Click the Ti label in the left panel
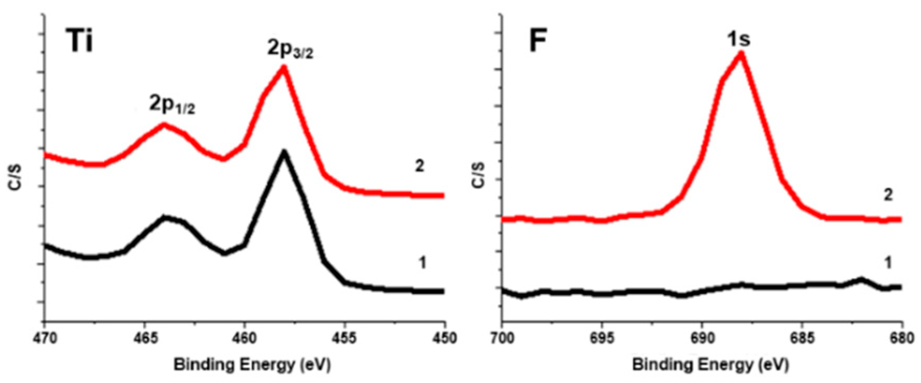[80, 41]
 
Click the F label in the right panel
[538, 41]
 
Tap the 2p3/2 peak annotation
[290, 49]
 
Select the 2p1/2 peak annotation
[172, 105]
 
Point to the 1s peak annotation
[739, 38]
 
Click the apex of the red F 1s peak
[741, 52]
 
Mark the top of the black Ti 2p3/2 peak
[284, 152]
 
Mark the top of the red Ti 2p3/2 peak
[284, 67]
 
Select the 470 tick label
[45, 338]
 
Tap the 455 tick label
[344, 338]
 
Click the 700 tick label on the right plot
[502, 338]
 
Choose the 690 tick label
[702, 338]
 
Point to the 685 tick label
[801, 338]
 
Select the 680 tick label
[901, 338]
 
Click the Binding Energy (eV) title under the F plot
[710, 364]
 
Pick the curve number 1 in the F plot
[887, 262]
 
